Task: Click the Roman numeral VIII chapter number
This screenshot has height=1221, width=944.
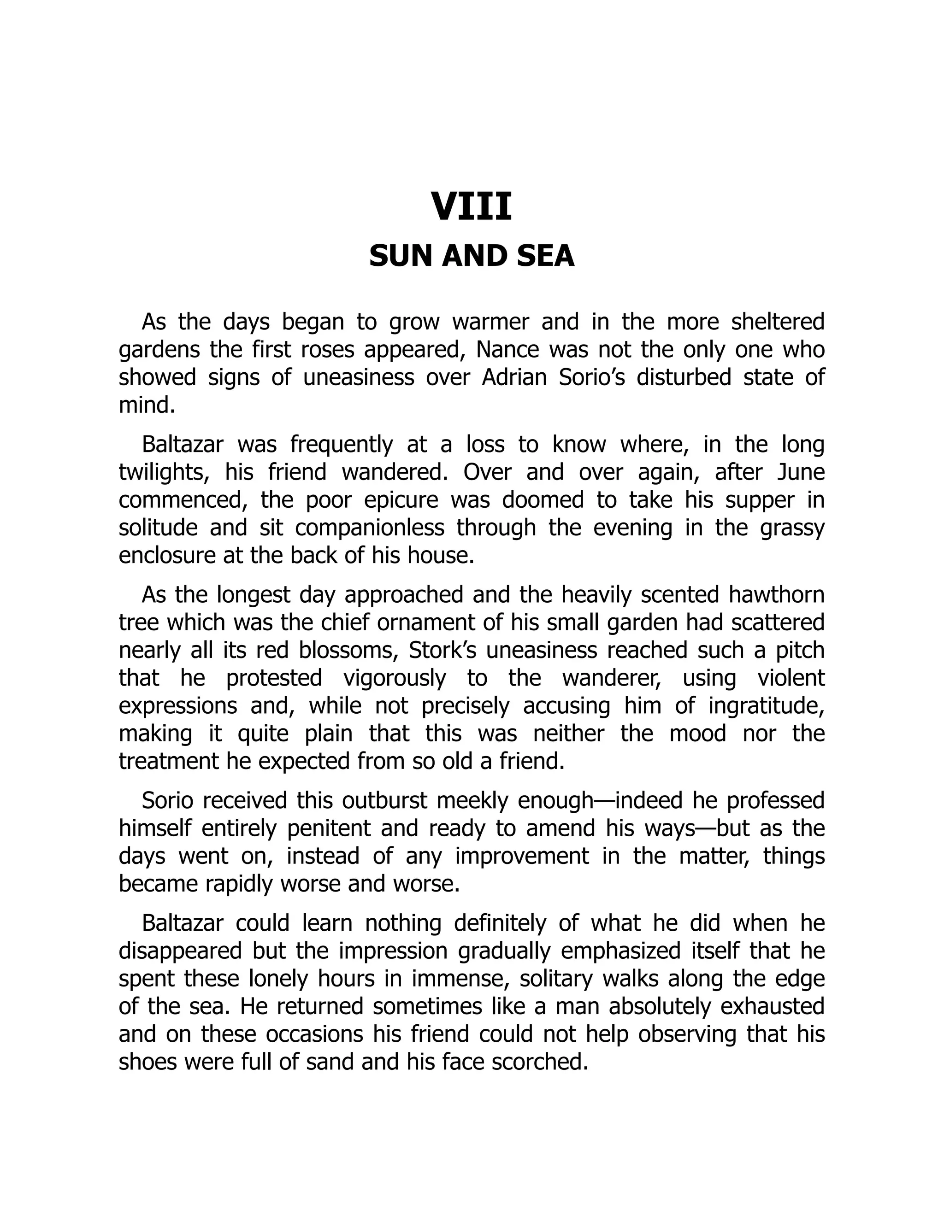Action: tap(472, 207)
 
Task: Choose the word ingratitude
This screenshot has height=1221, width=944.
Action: tap(766, 705)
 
